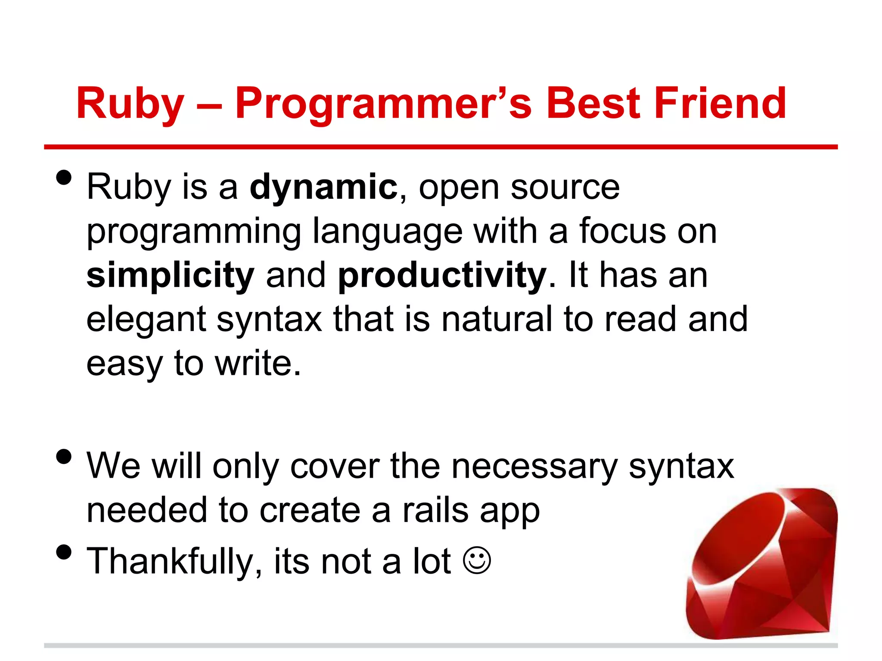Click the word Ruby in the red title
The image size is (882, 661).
130,103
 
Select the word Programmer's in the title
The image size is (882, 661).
383,103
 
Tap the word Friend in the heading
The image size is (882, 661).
720,103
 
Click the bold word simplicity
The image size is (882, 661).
171,275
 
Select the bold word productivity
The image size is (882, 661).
442,275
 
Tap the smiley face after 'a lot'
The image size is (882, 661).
477,560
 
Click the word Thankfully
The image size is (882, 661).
174,561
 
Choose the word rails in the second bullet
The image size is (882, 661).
435,510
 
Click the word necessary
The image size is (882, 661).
534,466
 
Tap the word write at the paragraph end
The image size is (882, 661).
257,364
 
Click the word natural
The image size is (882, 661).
497,319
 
